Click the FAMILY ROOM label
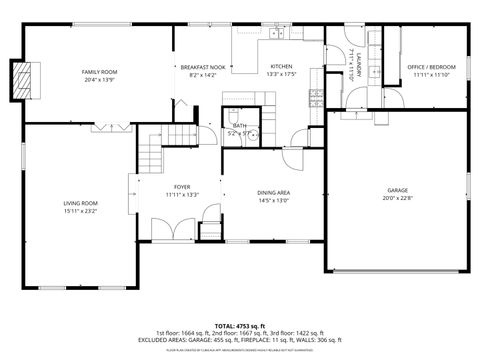coord(99,72)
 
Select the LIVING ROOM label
coord(79,203)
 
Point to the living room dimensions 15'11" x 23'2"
coord(79,211)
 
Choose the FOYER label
coord(182,186)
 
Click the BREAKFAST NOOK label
coord(202,67)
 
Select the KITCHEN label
coord(282,67)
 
